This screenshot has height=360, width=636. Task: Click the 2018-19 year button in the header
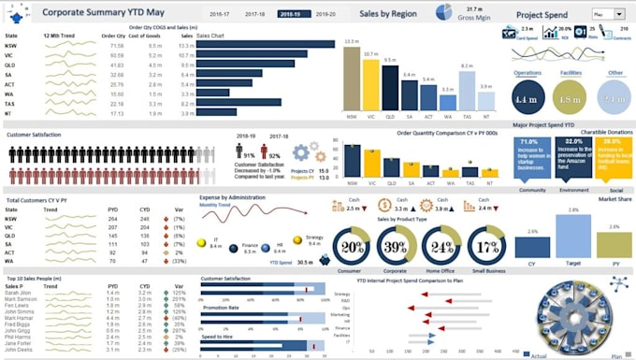click(x=290, y=15)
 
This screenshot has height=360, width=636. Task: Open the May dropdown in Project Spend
click(x=609, y=15)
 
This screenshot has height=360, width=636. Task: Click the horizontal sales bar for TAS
click(x=238, y=103)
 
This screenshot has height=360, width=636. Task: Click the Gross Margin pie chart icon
click(x=443, y=12)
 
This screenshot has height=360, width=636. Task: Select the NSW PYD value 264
click(x=113, y=218)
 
